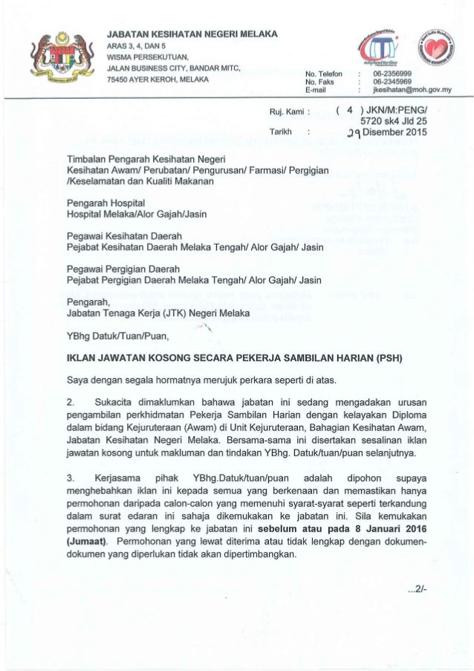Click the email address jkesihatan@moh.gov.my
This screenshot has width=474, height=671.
[x=413, y=92]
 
